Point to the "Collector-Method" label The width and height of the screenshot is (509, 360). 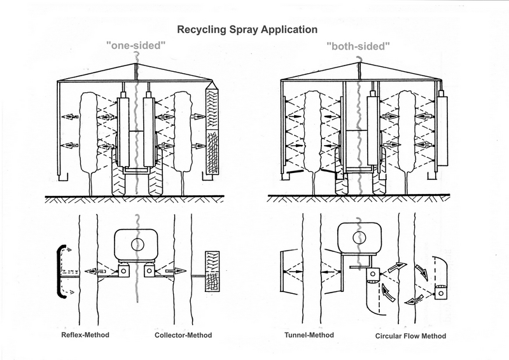point(183,335)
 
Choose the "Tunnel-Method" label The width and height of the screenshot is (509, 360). point(307,335)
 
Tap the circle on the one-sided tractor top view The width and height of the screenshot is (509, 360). point(137,244)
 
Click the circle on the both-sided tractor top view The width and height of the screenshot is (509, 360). point(360,238)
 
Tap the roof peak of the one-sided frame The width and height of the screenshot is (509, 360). point(136,66)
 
